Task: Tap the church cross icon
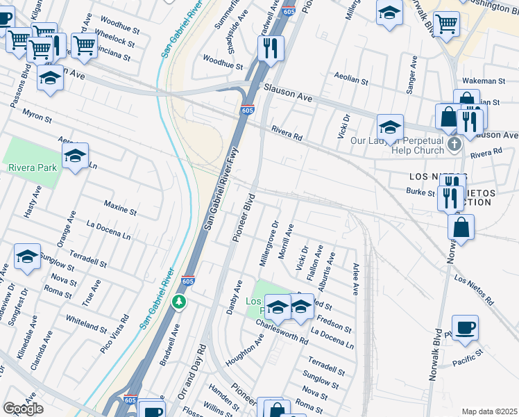(x=454, y=145)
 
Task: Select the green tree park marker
(x=180, y=302)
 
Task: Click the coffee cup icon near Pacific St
(x=465, y=327)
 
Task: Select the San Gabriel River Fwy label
(x=221, y=189)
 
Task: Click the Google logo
(x=22, y=409)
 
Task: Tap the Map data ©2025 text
(x=489, y=411)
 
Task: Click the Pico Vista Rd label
(x=114, y=334)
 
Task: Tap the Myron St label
(x=37, y=115)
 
